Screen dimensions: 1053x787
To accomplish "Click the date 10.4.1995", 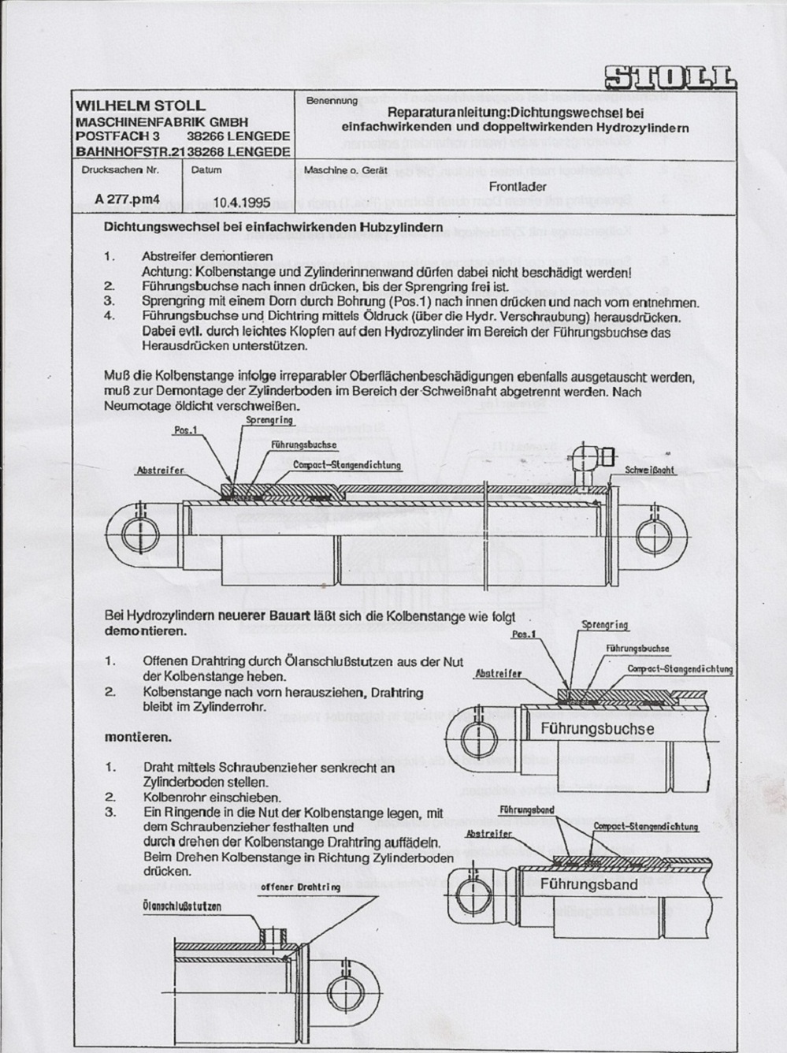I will pos(241,202).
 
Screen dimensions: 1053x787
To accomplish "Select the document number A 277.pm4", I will pos(127,199).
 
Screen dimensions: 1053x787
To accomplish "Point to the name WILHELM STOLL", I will pos(140,106).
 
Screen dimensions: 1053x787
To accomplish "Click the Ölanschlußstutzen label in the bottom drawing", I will pos(182,906).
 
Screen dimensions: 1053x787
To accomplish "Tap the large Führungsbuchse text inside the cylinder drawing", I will pos(596,729).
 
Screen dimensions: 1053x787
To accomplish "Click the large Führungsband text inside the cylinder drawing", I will pos(588,884).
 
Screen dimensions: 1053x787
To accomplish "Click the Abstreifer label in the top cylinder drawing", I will pos(160,471).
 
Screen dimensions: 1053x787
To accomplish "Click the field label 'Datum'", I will pos(206,169).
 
